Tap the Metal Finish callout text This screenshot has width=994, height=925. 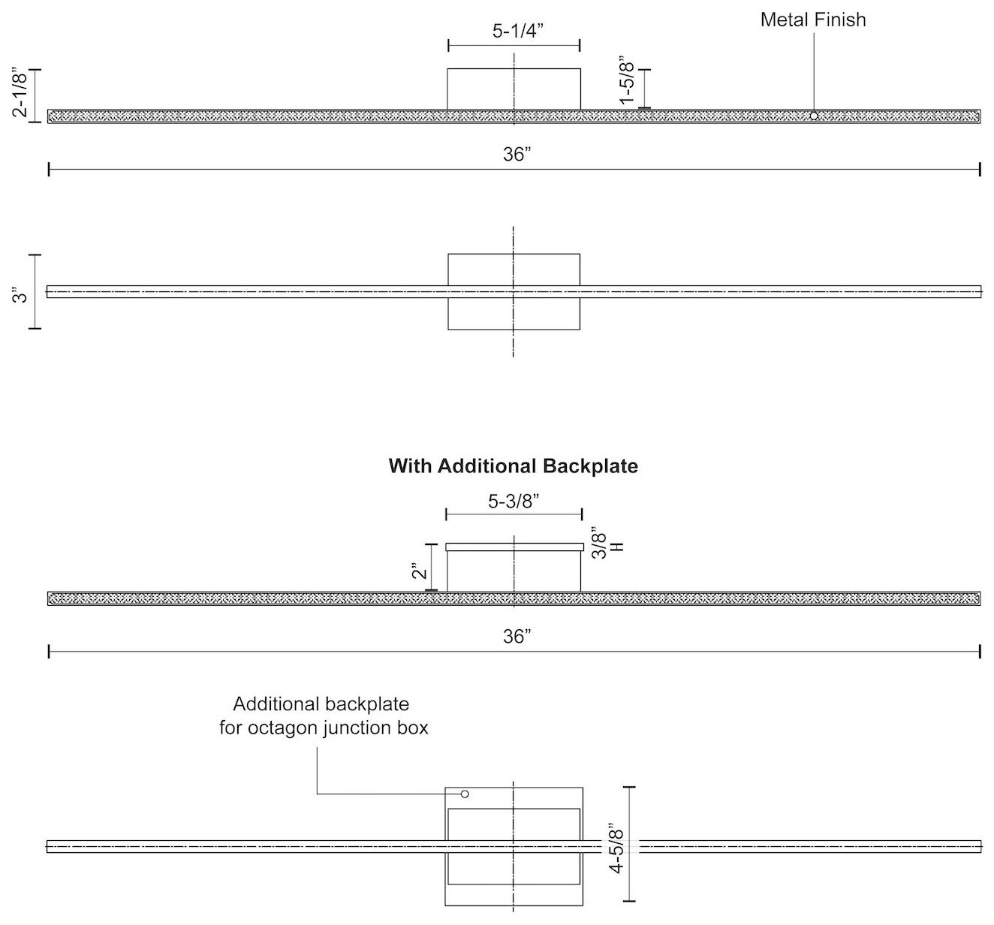pyautogui.click(x=812, y=20)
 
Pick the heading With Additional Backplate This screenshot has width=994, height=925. pyautogui.click(x=514, y=466)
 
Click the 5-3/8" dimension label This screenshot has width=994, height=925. pyautogui.click(x=514, y=501)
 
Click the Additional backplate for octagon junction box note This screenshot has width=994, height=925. pyautogui.click(x=323, y=716)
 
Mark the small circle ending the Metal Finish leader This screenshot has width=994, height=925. pyautogui.click(x=814, y=116)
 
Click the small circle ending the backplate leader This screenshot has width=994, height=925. pyautogui.click(x=465, y=794)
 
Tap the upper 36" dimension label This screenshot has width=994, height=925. pyautogui.click(x=517, y=155)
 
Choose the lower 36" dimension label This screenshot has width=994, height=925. pyautogui.click(x=517, y=637)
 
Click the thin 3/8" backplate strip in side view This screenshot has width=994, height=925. pyautogui.click(x=514, y=547)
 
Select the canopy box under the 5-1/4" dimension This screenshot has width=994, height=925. pyautogui.click(x=514, y=89)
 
